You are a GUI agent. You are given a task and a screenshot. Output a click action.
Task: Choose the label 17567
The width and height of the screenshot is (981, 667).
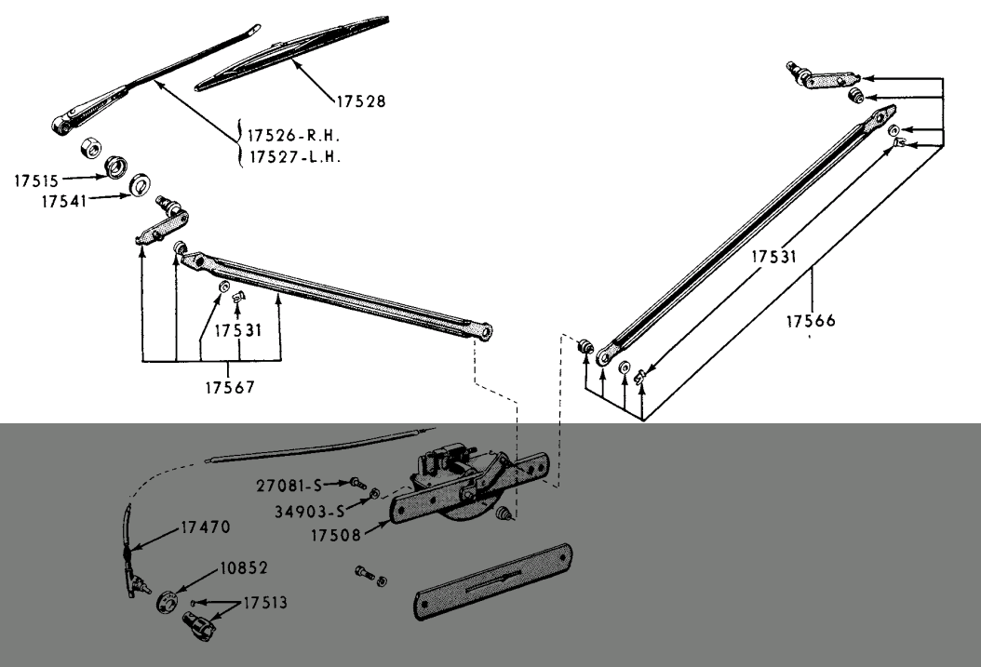pyautogui.click(x=230, y=386)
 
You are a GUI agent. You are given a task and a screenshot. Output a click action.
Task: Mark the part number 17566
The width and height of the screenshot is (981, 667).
pyautogui.click(x=810, y=321)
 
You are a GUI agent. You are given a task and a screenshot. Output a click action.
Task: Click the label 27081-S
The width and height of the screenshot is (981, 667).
pyautogui.click(x=288, y=484)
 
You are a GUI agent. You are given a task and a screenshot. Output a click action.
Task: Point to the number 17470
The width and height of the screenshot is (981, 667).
pyautogui.click(x=202, y=527)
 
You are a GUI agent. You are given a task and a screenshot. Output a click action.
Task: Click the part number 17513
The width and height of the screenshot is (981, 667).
pyautogui.click(x=265, y=602)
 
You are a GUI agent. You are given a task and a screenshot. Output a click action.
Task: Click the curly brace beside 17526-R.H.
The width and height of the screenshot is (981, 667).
pyautogui.click(x=240, y=144)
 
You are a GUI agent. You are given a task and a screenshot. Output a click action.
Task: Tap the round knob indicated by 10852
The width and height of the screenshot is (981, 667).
pyautogui.click(x=168, y=600)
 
